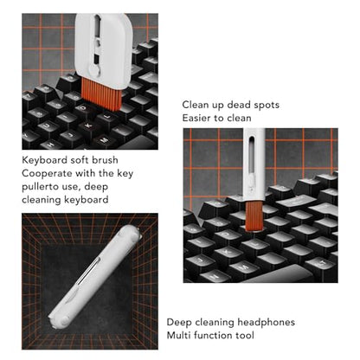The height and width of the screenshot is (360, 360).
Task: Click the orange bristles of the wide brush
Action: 100,93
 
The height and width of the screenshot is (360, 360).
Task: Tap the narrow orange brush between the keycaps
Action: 254,215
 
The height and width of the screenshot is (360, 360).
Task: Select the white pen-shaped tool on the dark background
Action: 94,277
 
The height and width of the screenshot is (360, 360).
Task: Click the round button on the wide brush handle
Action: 94,70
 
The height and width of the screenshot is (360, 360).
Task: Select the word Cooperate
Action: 47,174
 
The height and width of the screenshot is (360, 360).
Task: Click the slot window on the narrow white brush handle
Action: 252,154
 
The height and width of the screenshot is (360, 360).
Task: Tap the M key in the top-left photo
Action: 104,140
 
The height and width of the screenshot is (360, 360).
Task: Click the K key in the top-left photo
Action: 89,125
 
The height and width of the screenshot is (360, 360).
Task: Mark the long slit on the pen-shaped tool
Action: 87,272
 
